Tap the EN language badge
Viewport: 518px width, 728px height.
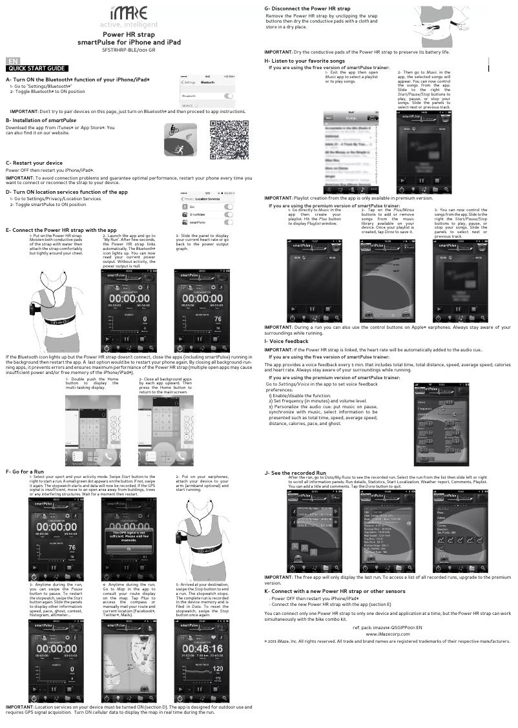tap(12, 61)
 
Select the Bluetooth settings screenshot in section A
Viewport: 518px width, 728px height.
tap(207, 91)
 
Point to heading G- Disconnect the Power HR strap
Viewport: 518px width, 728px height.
tap(307, 8)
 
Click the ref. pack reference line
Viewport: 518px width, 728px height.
tap(387, 627)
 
